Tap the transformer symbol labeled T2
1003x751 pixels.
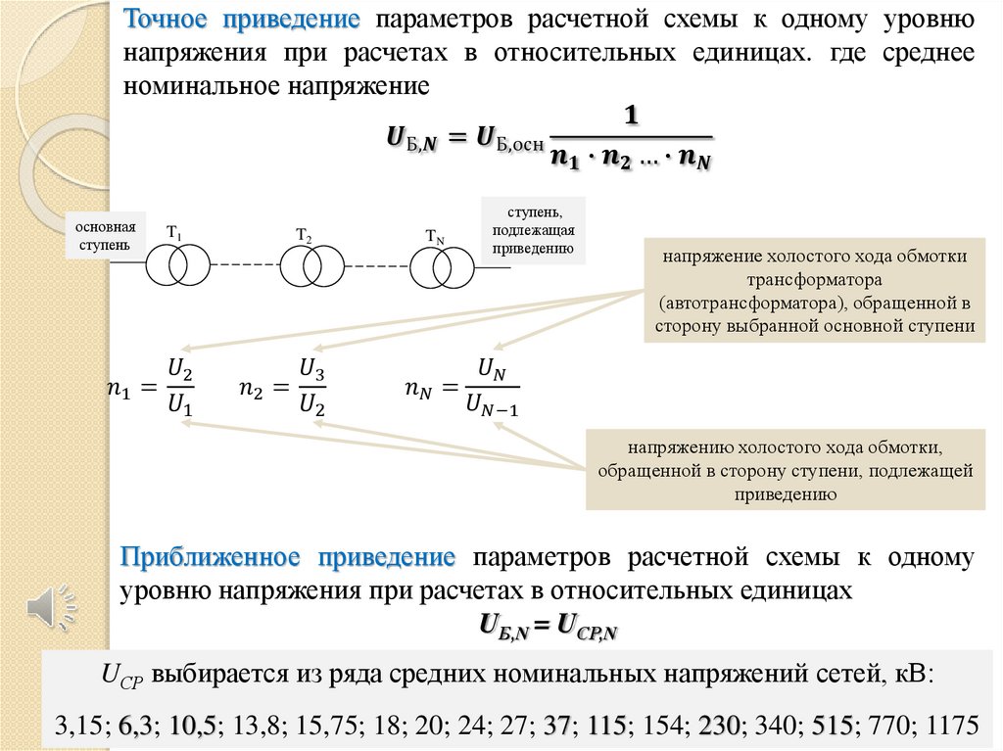(312, 264)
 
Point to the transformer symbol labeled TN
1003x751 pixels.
(442, 266)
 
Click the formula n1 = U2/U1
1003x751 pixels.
(151, 388)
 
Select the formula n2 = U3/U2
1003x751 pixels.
(282, 388)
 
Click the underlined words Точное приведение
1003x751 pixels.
(241, 20)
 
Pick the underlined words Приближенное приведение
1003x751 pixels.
(288, 558)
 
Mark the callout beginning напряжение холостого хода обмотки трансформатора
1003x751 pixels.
(815, 291)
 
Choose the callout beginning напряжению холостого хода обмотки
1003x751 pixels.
(786, 470)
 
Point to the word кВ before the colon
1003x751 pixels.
(910, 676)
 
